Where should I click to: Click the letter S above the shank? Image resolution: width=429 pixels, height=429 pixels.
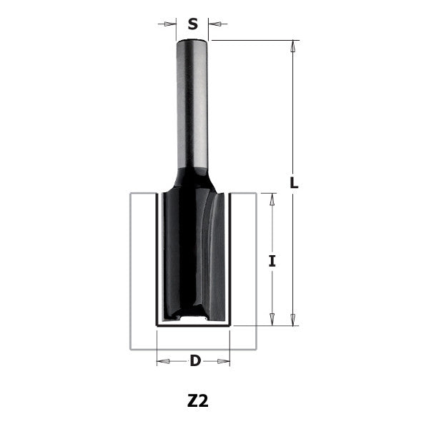(192, 24)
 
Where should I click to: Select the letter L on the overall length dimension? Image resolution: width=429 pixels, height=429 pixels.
(293, 182)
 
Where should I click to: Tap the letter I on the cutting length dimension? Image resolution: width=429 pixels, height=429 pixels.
(272, 261)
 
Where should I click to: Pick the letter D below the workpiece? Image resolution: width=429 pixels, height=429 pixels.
(194, 361)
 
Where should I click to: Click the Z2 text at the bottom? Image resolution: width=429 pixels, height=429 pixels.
(197, 401)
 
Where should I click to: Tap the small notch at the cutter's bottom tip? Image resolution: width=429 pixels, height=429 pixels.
(192, 315)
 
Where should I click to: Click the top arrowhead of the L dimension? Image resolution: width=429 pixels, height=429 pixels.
(293, 46)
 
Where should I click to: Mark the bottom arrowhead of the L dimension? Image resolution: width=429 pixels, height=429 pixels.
(293, 319)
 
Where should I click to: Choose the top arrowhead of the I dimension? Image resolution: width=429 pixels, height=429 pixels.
(272, 199)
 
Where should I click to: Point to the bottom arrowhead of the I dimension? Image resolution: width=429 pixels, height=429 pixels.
(272, 319)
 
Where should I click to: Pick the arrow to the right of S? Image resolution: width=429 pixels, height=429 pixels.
(217, 24)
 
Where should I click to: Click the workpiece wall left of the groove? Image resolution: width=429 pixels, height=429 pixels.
(142, 272)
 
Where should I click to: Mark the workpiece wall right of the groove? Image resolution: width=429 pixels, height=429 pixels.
(243, 272)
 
